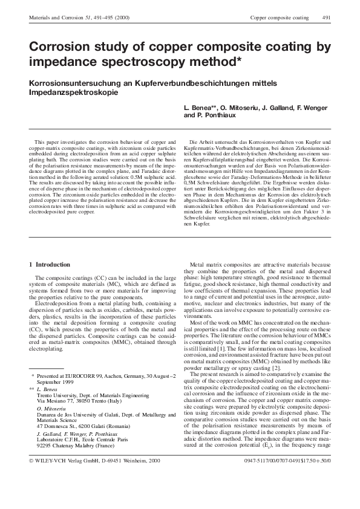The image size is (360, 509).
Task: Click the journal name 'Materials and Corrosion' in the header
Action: coord(51,19)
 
